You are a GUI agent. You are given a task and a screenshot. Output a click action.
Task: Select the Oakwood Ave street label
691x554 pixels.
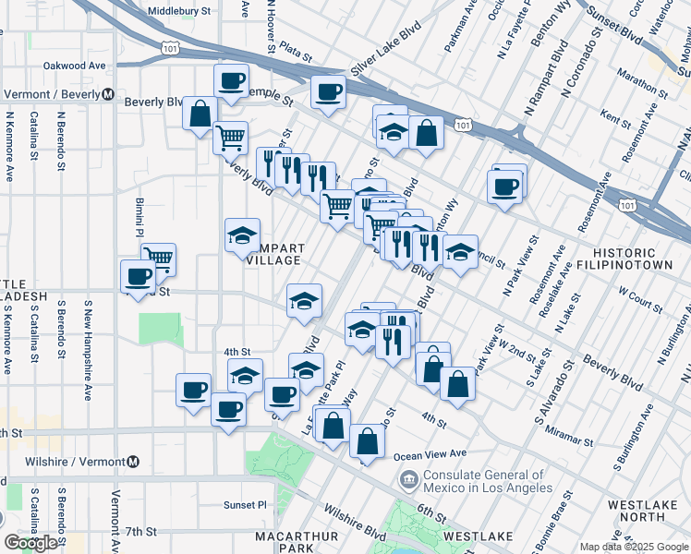pyautogui.click(x=75, y=66)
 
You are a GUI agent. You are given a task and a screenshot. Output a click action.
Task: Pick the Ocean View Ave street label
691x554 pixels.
pyautogui.click(x=430, y=454)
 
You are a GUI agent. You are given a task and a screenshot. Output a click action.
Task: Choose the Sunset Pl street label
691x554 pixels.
pyautogui.click(x=245, y=505)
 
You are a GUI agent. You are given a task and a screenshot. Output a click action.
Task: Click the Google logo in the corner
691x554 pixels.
pyautogui.click(x=31, y=543)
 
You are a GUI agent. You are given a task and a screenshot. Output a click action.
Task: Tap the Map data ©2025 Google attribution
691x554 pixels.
pyautogui.click(x=633, y=547)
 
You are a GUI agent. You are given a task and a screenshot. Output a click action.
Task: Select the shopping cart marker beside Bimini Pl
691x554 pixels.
pyautogui.click(x=159, y=259)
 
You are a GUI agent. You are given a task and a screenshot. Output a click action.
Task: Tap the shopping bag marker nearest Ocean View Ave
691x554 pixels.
pyautogui.click(x=367, y=442)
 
